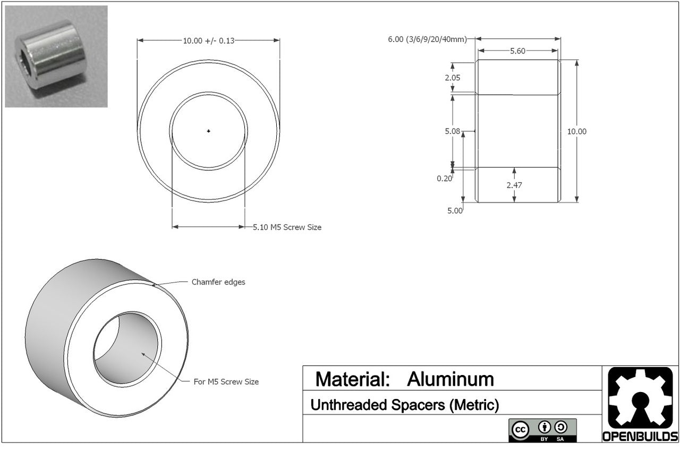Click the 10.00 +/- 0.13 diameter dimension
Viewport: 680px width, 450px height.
click(x=208, y=40)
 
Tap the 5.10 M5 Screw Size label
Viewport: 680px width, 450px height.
click(x=287, y=227)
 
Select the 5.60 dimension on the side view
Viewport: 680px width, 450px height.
click(x=517, y=51)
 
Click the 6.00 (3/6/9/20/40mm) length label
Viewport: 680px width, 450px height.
click(x=427, y=39)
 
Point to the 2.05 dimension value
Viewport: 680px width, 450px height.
click(x=453, y=78)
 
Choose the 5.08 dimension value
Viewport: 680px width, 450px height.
click(x=453, y=131)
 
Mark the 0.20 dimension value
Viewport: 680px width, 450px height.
click(x=444, y=179)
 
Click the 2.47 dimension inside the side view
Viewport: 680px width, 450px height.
click(x=514, y=185)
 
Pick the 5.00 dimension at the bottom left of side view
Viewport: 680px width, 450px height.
click(x=455, y=211)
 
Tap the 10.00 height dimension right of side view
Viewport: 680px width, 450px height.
click(x=577, y=131)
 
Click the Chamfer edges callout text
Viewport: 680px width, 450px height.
click(x=218, y=282)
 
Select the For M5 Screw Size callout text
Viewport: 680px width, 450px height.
click(x=226, y=382)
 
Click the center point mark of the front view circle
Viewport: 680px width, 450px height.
click(x=209, y=131)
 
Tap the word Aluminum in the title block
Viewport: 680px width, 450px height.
click(x=450, y=379)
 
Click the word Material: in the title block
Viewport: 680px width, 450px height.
click(x=353, y=379)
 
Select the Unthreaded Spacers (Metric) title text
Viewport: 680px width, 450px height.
click(x=404, y=405)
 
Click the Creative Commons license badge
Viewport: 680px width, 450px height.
click(x=542, y=430)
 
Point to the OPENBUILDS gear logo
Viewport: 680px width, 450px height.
click(x=640, y=399)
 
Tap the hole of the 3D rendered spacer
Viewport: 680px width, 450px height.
click(x=127, y=349)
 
